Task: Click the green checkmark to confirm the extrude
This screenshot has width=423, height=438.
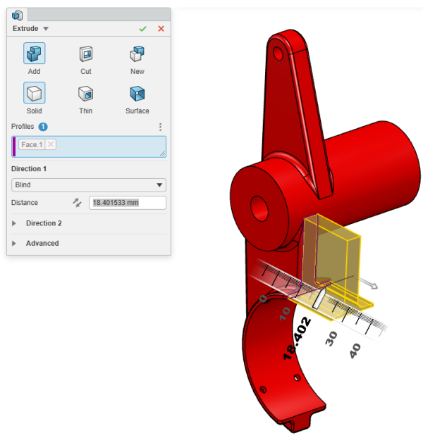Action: point(143,28)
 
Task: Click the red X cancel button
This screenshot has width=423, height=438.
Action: point(161,28)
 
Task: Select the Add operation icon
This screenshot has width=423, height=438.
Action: point(34,54)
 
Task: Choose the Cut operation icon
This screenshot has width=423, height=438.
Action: point(85,54)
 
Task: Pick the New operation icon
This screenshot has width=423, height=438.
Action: point(137,54)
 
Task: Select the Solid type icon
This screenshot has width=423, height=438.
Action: point(34,94)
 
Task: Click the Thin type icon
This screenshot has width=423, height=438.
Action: point(85,94)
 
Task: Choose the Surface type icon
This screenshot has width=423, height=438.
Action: point(137,94)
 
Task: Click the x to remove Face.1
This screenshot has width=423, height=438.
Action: point(51,144)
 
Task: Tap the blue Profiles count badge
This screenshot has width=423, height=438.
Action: point(43,127)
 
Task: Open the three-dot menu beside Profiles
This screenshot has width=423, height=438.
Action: point(160,127)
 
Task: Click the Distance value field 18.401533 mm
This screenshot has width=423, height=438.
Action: point(127,203)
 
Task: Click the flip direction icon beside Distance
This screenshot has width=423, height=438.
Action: point(77,203)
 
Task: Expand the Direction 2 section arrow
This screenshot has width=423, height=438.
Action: point(15,223)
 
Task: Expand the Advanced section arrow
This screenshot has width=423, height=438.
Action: point(15,244)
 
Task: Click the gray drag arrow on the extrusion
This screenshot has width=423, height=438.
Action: point(371,284)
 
